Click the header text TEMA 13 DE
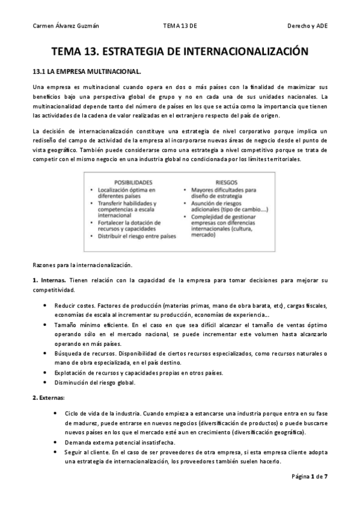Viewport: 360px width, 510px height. pyautogui.click(x=180, y=27)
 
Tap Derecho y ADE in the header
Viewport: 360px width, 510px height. pyautogui.click(x=308, y=27)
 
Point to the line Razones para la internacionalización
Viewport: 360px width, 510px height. pyautogui.click(x=82, y=265)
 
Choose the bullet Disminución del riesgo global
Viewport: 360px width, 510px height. pyautogui.click(x=95, y=382)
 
